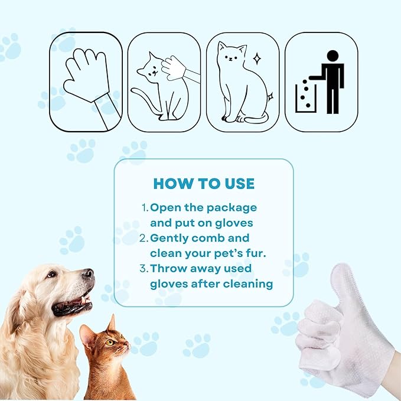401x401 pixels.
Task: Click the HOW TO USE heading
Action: [204, 183]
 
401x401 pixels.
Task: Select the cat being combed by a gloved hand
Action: [154, 89]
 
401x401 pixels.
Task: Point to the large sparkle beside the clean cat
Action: [257, 58]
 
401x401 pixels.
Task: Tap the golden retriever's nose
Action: [88, 274]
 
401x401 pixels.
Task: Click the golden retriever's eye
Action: [52, 274]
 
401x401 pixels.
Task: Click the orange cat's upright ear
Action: [110, 323]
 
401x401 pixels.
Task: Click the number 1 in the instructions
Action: [144, 208]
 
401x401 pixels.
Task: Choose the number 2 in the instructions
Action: [145, 238]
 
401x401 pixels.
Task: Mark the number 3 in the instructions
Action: [145, 269]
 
